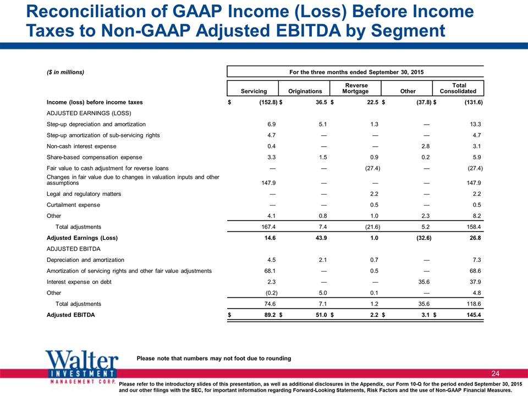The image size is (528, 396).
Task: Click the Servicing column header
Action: click(254, 91)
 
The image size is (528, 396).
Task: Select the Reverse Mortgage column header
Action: click(356, 88)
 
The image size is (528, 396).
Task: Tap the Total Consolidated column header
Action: click(458, 88)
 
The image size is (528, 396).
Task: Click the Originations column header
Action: click(305, 91)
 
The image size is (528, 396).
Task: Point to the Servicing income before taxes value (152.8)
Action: click(268, 102)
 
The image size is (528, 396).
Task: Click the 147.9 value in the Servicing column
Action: click(268, 183)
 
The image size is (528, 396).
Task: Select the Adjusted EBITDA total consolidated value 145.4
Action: click(474, 315)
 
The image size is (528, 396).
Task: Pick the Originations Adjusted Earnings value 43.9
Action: click(321, 238)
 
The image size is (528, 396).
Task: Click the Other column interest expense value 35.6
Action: click(424, 282)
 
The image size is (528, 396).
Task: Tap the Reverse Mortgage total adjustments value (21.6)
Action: click(373, 227)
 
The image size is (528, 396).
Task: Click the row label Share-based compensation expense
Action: click(94, 157)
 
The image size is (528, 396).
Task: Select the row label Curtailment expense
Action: click(73, 205)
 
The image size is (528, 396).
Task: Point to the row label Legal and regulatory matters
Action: click(84, 194)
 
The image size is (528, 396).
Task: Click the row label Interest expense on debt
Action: click(79, 282)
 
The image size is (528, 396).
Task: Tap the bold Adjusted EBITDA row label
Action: click(71, 315)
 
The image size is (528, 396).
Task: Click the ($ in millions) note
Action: click(65, 72)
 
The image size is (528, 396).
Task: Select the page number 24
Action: click(496, 373)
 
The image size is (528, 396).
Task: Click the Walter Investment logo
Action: click(82, 368)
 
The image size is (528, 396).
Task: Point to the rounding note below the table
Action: click(214, 358)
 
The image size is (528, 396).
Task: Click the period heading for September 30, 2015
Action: click(356, 72)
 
